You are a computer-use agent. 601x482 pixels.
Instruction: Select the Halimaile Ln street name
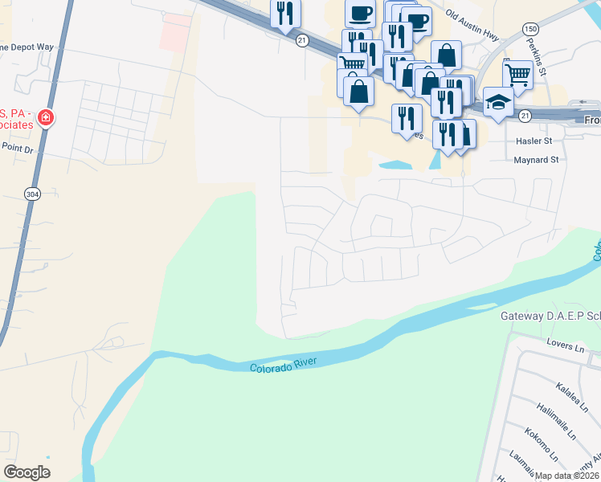[557, 422]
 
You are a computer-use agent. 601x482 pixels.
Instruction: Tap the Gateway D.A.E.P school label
[550, 316]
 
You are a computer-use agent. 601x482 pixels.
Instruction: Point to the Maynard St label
[536, 160]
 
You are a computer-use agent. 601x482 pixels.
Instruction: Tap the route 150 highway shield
[530, 29]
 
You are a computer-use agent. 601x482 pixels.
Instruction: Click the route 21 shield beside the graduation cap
[524, 116]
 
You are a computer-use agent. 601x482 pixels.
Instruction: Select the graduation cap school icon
[498, 102]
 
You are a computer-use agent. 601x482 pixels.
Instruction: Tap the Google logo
[27, 472]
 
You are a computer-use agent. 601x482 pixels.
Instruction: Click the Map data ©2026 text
[567, 476]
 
